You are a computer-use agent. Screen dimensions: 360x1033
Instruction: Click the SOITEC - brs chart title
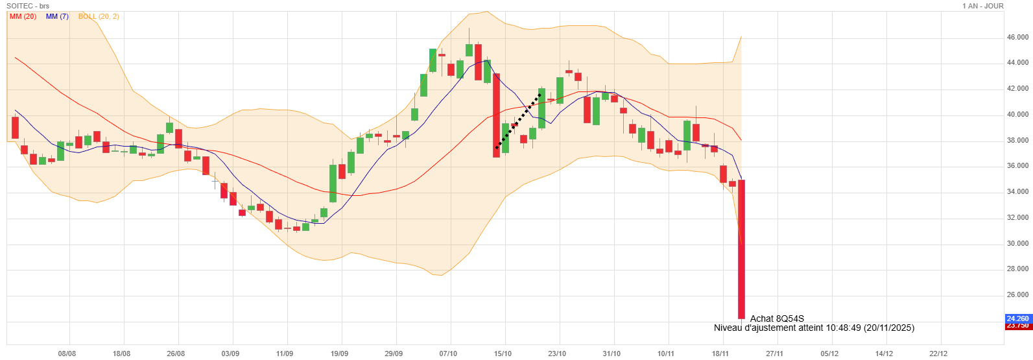28,6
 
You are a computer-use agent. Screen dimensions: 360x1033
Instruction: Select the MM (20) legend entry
23,16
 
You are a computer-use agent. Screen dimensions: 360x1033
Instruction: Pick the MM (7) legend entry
57,16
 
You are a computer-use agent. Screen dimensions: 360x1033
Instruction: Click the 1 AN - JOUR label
983,6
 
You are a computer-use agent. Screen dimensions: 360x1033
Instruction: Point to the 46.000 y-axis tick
1017,38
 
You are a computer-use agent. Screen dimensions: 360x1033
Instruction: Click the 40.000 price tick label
1017,115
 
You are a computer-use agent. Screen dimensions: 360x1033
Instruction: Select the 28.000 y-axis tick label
1017,269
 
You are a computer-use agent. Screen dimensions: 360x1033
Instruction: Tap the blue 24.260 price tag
1017,318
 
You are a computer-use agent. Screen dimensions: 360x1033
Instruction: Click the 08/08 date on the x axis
67,354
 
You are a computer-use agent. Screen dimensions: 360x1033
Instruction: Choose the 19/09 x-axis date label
339,354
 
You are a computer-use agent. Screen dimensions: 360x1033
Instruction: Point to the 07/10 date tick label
448,354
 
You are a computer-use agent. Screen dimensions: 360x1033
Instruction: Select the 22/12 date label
938,354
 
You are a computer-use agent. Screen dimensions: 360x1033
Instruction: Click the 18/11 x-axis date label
720,354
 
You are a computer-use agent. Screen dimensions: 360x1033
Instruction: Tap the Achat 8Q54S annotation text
777,318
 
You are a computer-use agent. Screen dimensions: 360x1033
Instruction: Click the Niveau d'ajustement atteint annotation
814,328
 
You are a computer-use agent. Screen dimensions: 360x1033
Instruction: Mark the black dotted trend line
519,121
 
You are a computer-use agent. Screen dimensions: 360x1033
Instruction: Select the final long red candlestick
741,250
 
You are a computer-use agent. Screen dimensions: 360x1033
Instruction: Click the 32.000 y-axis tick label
1017,218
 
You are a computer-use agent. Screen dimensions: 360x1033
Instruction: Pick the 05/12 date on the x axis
829,354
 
